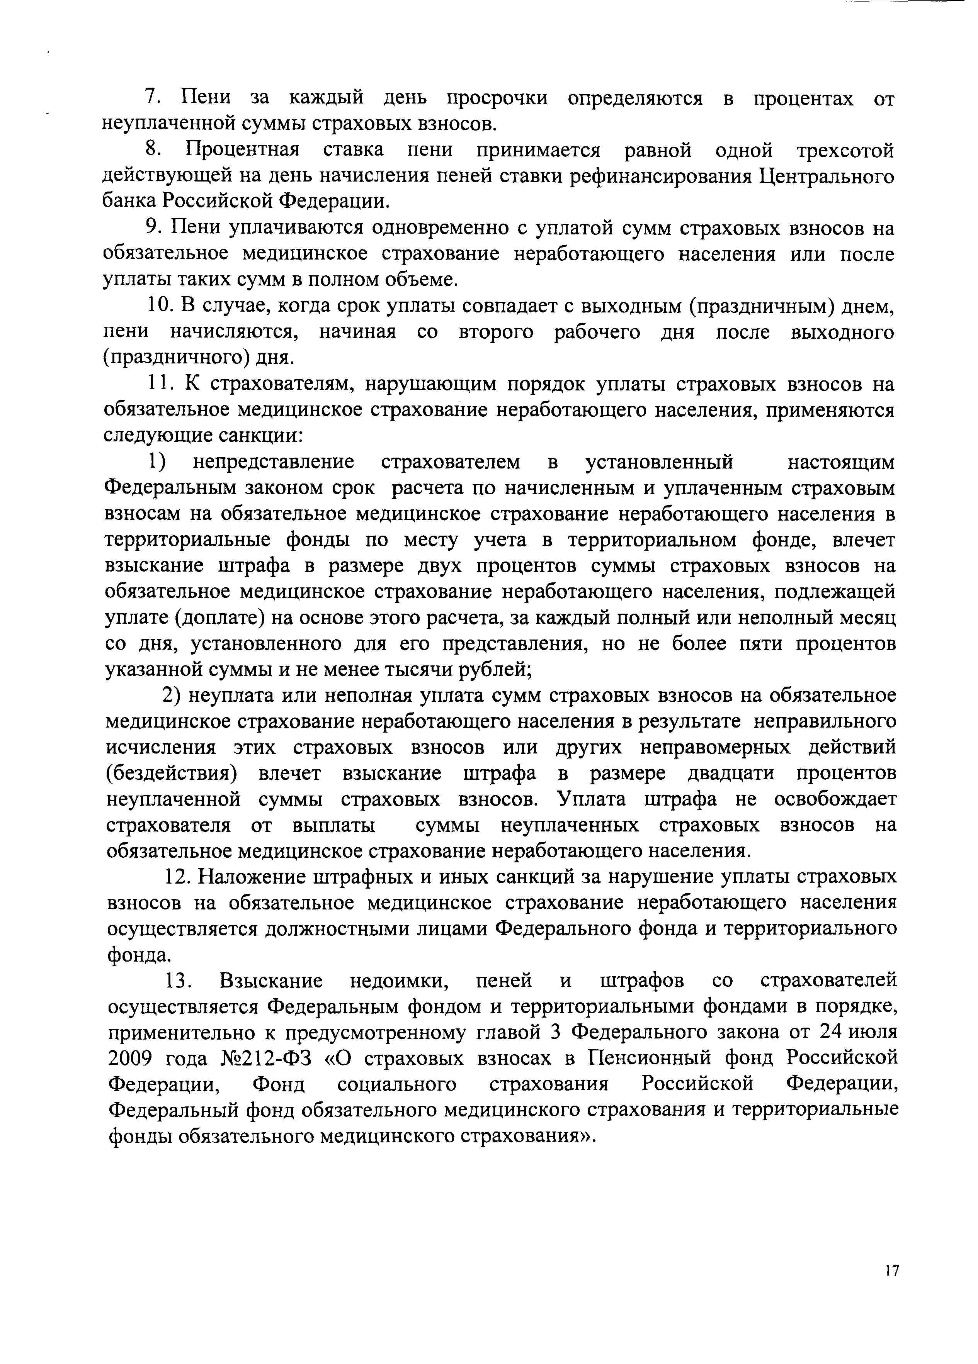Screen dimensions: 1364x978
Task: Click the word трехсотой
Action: [x=845, y=150]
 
